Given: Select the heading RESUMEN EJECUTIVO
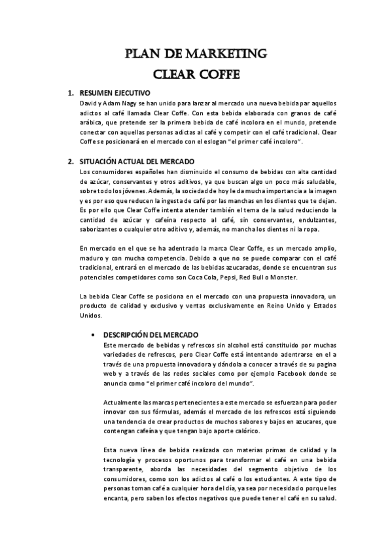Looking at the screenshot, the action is [115, 94].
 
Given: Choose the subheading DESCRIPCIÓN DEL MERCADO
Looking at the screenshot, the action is [147, 334].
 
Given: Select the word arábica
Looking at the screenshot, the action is [92, 122].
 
